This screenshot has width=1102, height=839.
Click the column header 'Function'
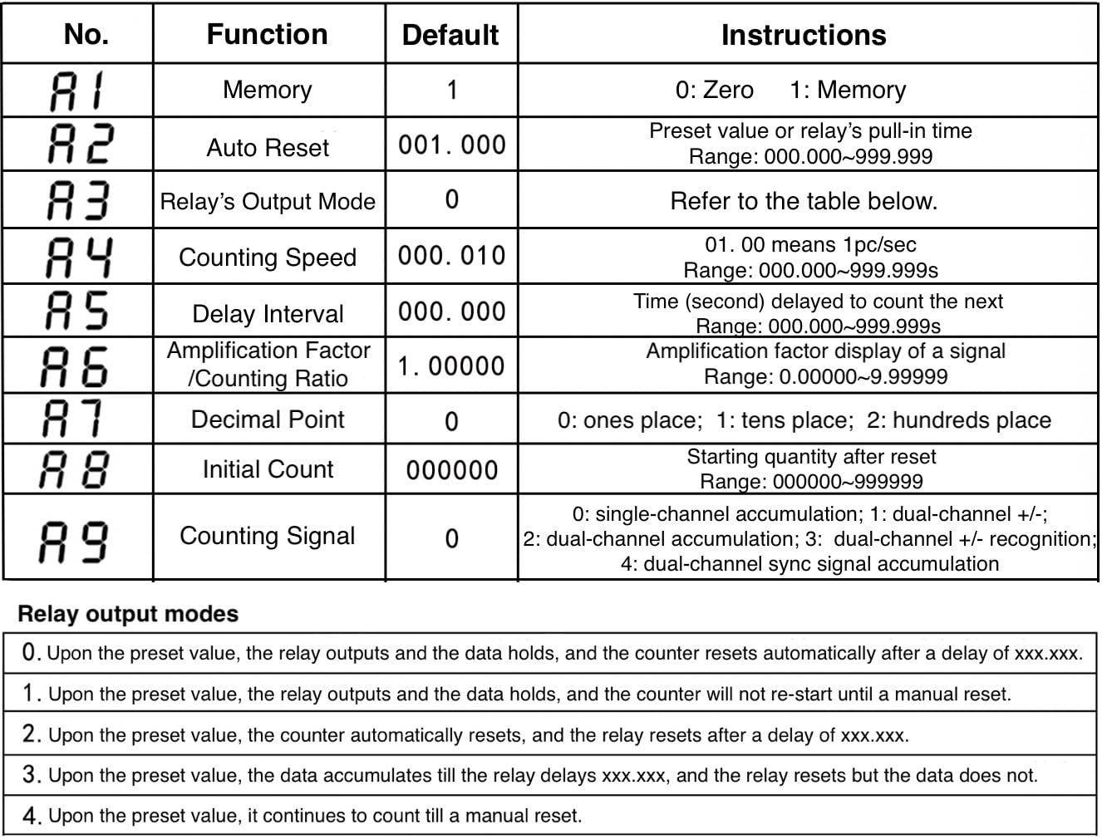[x=267, y=35]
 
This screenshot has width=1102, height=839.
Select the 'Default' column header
[x=450, y=35]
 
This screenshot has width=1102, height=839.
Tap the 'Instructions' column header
[x=804, y=35]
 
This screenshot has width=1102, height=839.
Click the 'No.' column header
[x=86, y=35]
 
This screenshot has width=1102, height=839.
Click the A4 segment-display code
[x=77, y=257]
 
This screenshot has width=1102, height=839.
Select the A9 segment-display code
[x=75, y=539]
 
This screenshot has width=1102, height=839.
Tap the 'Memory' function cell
[x=267, y=90]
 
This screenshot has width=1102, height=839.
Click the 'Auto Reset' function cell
[x=268, y=148]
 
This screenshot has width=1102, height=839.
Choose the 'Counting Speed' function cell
[x=268, y=258]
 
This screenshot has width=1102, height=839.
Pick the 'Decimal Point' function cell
[x=268, y=419]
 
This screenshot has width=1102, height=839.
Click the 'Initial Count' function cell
[x=268, y=469]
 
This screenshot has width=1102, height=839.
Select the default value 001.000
[x=451, y=145]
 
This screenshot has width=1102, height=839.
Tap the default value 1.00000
[x=451, y=366]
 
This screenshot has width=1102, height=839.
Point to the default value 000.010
[x=451, y=256]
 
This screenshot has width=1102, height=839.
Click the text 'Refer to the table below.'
[x=804, y=201]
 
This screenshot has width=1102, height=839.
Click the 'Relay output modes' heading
[x=128, y=614]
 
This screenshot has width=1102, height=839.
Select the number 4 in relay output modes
[x=31, y=817]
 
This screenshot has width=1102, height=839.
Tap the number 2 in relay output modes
[x=31, y=735]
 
